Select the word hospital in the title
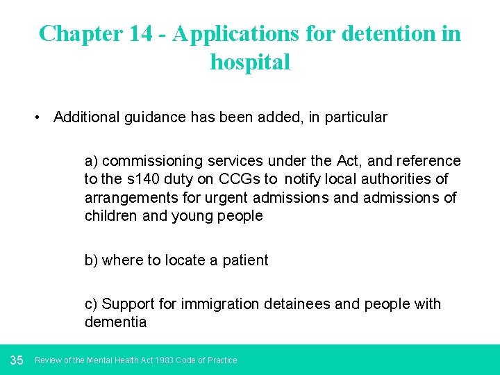[250, 62]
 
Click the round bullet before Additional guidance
[42, 117]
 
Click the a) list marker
[91, 161]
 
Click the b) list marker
[91, 260]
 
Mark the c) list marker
[91, 304]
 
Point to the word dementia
[115, 322]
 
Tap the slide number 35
[17, 360]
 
